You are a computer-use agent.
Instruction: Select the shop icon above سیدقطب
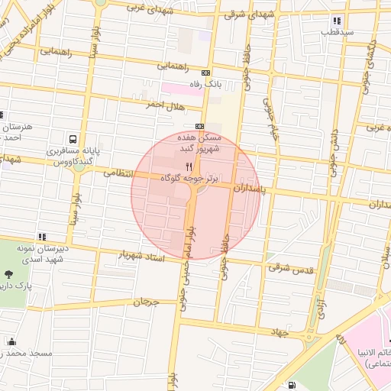pos(337,21)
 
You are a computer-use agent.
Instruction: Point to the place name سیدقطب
pos(337,33)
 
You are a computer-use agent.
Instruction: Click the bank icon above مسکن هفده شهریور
pos(199,126)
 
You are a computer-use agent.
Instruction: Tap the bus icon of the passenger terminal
pos(73,140)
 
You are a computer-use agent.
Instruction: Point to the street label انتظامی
pos(122,174)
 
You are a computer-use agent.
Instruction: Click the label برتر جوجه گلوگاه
pos(189,177)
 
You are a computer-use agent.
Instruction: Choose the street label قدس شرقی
pos(287,267)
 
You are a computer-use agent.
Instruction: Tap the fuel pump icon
pos(293,385)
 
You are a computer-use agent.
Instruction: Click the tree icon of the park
pos(8,274)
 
